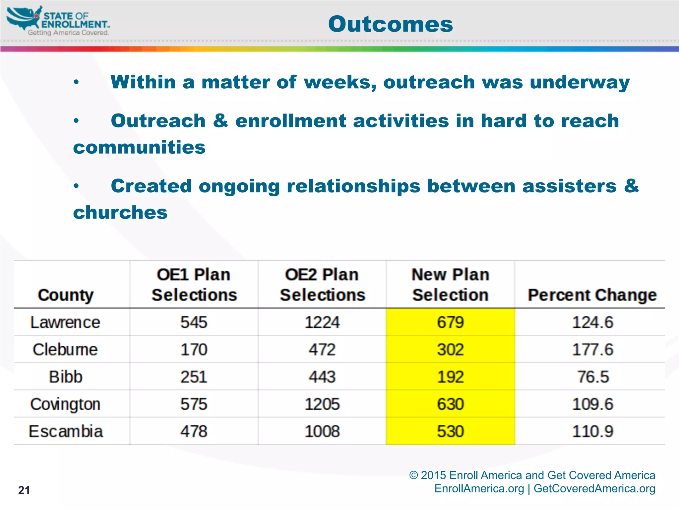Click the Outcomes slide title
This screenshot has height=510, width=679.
[390, 24]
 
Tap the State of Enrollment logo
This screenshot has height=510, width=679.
[58, 21]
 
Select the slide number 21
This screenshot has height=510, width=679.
[24, 490]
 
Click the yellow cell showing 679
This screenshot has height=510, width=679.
[450, 322]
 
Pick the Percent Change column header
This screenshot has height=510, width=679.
[592, 295]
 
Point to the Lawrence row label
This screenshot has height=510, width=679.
[65, 322]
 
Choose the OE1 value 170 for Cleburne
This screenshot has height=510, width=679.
[194, 350]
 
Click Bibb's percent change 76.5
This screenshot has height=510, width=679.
[593, 377]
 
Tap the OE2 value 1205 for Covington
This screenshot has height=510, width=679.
[322, 404]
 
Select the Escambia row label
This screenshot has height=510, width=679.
[66, 431]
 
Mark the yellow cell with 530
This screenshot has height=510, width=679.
[450, 431]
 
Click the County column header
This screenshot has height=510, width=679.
[66, 295]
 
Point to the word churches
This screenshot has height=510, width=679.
[120, 212]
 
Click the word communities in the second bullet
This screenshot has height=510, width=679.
[139, 147]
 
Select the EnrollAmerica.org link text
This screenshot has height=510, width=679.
[479, 488]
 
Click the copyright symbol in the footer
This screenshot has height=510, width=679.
[413, 475]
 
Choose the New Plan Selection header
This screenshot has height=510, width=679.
[450, 285]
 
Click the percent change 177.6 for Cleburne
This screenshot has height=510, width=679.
[593, 350]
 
